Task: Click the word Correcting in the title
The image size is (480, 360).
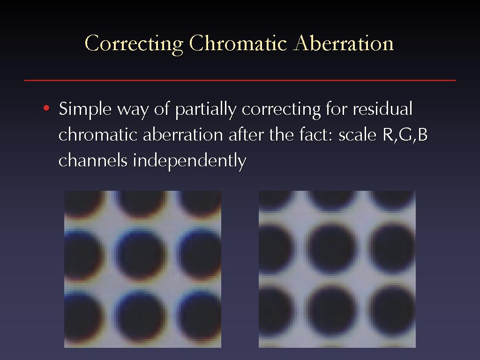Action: click(x=134, y=44)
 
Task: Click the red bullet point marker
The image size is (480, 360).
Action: click(x=46, y=108)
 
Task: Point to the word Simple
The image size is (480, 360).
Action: click(x=85, y=109)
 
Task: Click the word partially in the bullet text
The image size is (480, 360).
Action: click(x=206, y=109)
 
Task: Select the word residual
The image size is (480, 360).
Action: click(x=382, y=108)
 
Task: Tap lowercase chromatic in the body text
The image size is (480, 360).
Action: click(x=98, y=135)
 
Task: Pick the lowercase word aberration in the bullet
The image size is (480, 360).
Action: click(x=183, y=135)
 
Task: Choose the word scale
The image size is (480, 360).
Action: click(x=357, y=135)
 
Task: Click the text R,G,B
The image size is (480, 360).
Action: click(x=405, y=135)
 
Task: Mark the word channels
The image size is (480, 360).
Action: click(x=93, y=160)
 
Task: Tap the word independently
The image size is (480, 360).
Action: click(x=189, y=161)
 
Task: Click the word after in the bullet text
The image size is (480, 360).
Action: click(x=246, y=135)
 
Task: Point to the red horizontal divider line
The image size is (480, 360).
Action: click(x=240, y=81)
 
